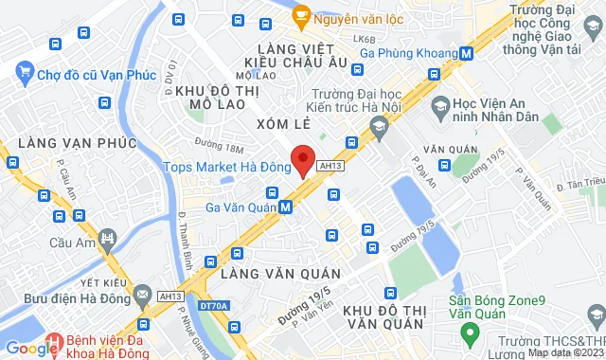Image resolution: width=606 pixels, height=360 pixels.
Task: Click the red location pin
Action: (303, 159)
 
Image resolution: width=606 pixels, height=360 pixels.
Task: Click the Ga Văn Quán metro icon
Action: (285, 206)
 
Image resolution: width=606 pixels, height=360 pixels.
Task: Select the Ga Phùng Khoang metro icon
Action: (467, 55)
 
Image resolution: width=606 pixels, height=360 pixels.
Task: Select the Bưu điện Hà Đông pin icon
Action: (141, 297)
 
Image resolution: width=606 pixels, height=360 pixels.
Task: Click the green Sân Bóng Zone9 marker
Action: (467, 333)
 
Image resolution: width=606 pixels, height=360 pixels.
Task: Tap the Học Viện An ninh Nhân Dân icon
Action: (438, 102)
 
